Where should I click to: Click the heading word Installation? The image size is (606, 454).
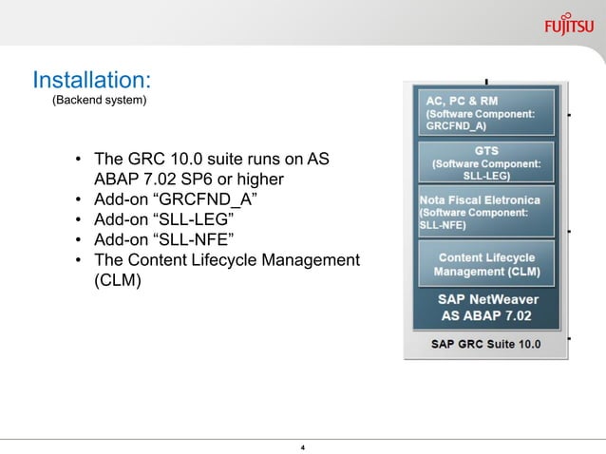coord(92,77)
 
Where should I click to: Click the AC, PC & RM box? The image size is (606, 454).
coord(486,113)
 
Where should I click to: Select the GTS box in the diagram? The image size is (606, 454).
coord(486,162)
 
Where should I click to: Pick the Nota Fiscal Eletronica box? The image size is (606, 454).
coord(486,213)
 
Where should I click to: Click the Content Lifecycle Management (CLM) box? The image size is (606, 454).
coord(486,264)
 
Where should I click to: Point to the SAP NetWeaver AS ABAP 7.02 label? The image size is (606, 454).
coord(486,307)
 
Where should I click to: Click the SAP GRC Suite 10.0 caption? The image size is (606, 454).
coord(486,343)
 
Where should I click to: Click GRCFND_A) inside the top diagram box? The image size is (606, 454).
coord(456,124)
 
